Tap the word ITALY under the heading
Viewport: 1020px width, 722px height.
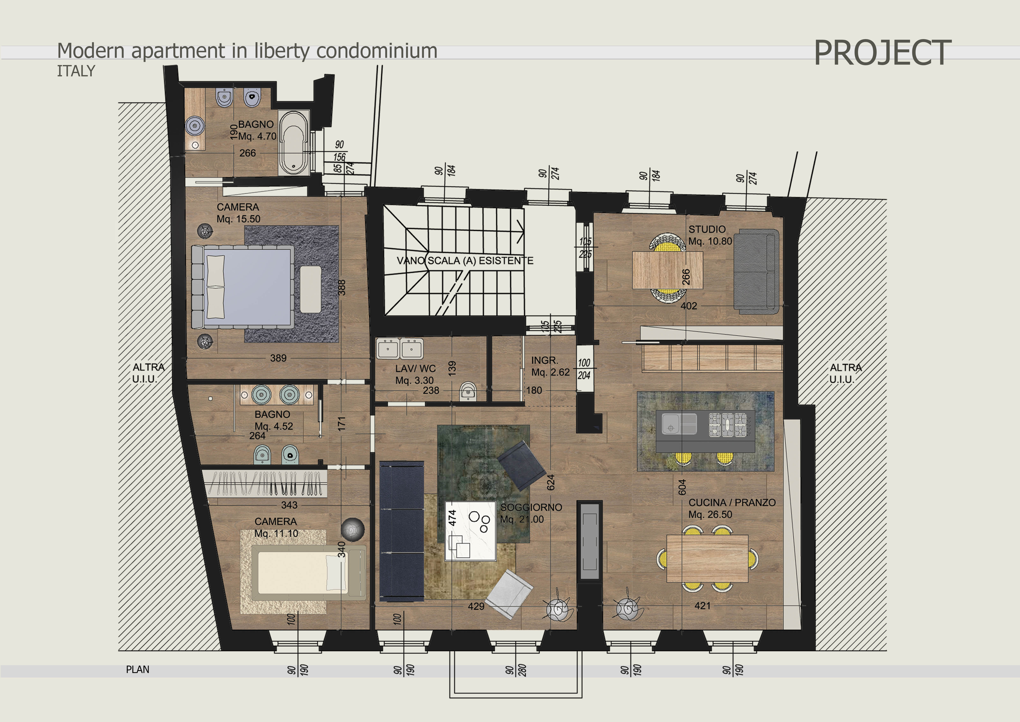point(76,71)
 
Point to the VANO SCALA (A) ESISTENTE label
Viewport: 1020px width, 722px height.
point(465,261)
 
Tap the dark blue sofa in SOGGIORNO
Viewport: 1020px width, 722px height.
point(402,531)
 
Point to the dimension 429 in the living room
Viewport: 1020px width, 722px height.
point(476,606)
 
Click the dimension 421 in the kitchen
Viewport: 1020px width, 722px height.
point(702,606)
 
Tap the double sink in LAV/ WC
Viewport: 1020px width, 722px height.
point(399,349)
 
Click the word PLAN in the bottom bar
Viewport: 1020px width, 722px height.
point(138,670)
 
